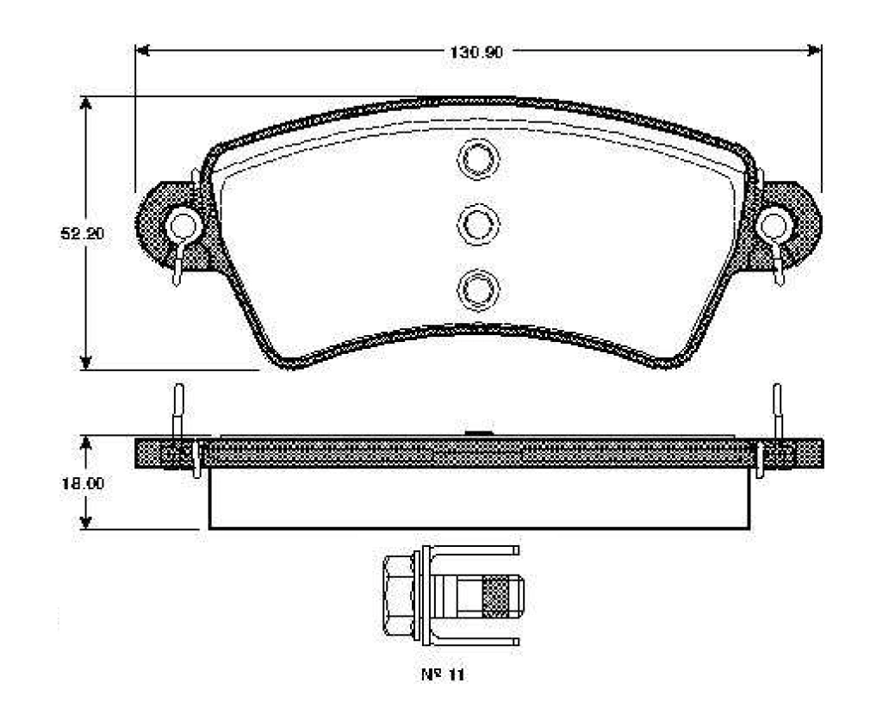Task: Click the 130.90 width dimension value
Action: (476, 53)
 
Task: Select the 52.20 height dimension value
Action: (83, 233)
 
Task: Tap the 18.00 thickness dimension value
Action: (83, 483)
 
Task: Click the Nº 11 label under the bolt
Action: (443, 674)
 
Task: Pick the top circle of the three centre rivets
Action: (478, 158)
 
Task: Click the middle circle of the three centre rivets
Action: (478, 224)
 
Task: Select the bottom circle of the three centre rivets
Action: (478, 289)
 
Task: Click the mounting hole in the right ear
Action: (774, 226)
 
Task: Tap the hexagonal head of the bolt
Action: (398, 595)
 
